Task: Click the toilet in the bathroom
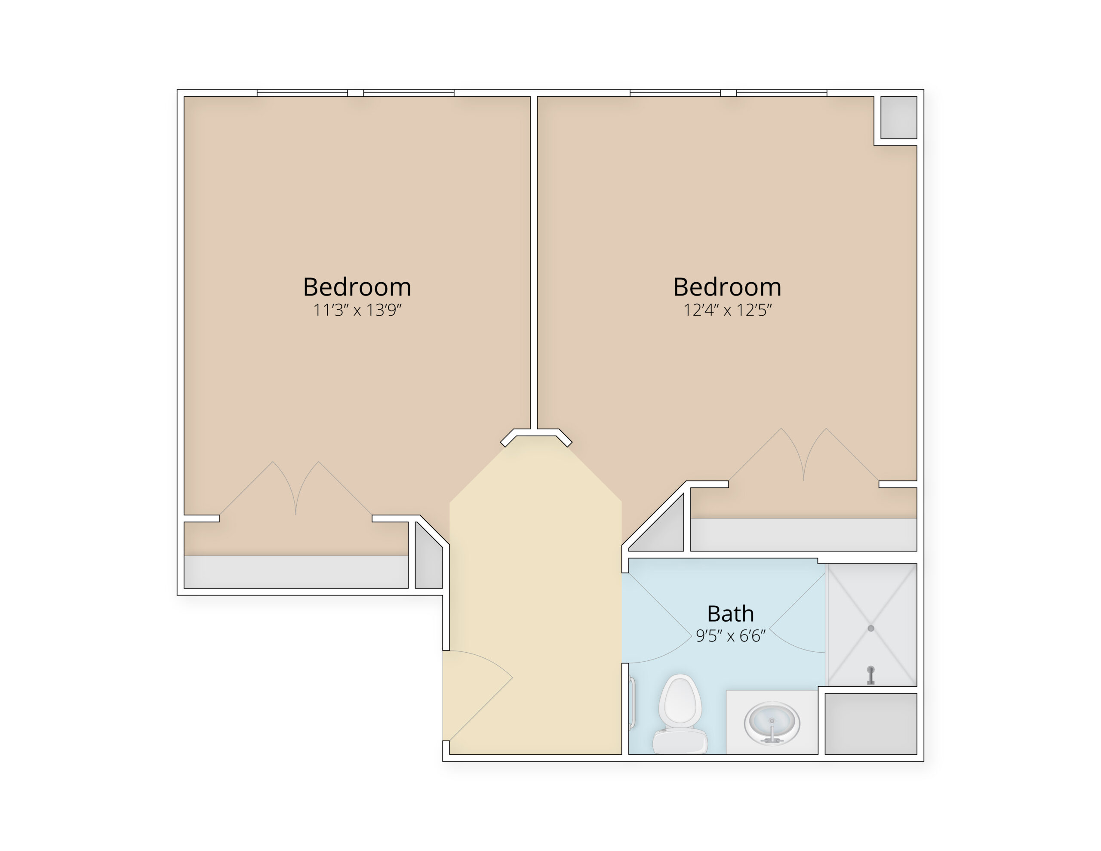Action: click(x=680, y=713)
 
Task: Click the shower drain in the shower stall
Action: click(x=870, y=628)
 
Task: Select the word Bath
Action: click(x=730, y=614)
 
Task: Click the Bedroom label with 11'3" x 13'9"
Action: click(x=357, y=287)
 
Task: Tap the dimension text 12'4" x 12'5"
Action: click(x=727, y=310)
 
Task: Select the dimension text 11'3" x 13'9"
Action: click(x=357, y=310)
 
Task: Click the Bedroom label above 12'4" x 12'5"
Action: click(x=727, y=287)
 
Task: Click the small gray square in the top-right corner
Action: click(x=898, y=117)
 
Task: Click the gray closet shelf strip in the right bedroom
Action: click(x=803, y=535)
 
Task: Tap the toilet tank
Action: click(x=680, y=742)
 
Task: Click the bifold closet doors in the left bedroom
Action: click(x=295, y=488)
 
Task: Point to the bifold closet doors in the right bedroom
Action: click(x=803, y=454)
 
